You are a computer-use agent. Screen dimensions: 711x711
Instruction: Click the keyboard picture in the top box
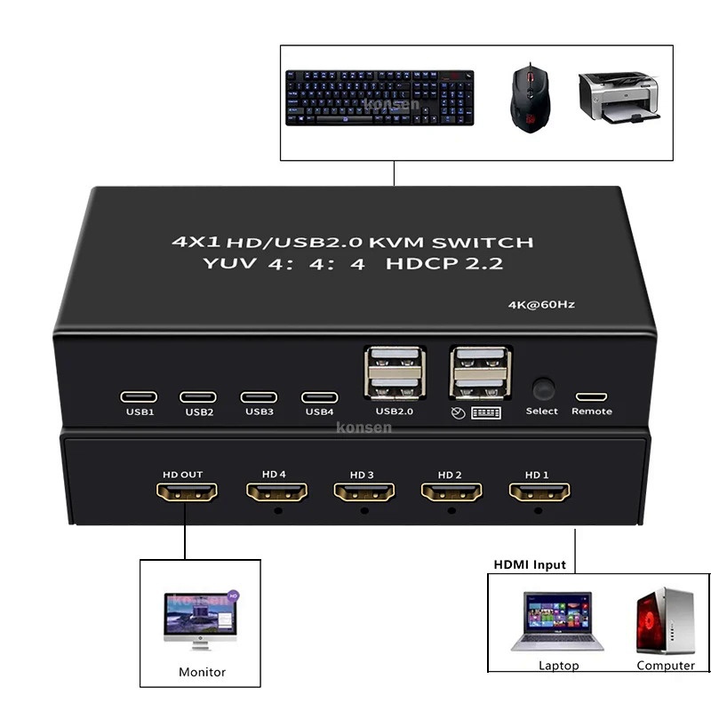(379, 99)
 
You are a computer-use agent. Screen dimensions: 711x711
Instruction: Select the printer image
(619, 98)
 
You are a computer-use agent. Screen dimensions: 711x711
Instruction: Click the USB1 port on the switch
(140, 396)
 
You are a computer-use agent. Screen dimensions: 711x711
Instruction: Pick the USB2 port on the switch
(199, 396)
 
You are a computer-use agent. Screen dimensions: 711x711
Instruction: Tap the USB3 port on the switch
(260, 396)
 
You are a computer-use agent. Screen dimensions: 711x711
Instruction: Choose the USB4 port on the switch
(319, 396)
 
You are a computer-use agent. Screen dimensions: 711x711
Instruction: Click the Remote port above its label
(591, 395)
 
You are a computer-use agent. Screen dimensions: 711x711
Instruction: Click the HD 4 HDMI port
(276, 491)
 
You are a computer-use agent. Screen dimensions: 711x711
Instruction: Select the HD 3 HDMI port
(363, 491)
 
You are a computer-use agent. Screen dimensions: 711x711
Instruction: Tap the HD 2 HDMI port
(451, 491)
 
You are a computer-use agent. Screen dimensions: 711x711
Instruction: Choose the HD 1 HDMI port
(539, 491)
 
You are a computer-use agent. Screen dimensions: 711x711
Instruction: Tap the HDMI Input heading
(530, 564)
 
